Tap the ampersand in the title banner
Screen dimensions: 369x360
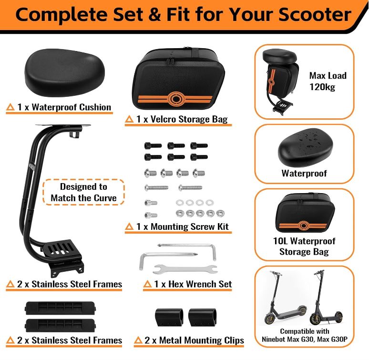tap(154, 15)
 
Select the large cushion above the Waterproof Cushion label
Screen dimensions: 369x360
tap(64, 72)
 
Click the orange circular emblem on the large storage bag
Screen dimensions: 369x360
tap(176, 99)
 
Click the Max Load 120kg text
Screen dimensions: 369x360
tap(328, 81)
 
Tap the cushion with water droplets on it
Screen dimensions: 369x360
tap(306, 147)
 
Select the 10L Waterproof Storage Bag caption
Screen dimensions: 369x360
tap(304, 246)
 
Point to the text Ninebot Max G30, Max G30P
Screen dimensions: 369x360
tap(305, 339)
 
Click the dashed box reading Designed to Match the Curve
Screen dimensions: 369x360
tap(83, 192)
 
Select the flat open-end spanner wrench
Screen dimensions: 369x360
tap(185, 269)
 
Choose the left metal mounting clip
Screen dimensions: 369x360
tap(169, 317)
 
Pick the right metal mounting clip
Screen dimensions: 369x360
tap(203, 317)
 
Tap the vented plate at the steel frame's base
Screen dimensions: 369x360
tap(61, 249)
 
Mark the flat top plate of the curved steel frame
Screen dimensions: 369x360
tap(63, 125)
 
